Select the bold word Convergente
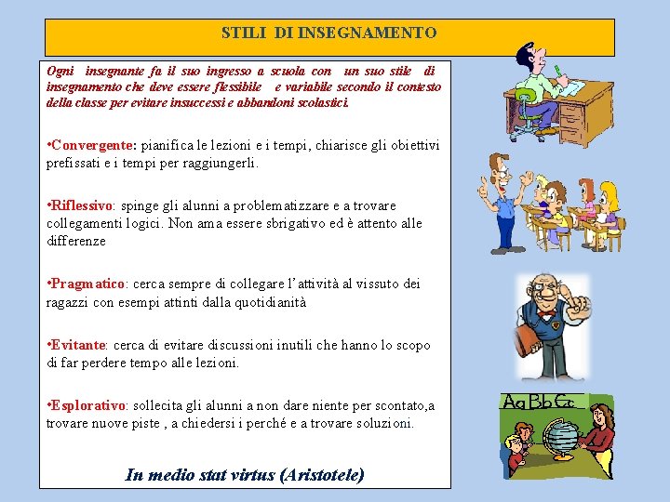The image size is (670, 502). (93, 145)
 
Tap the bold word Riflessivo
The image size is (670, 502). (82, 205)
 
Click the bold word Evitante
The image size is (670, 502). (78, 345)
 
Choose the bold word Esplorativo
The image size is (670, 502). (87, 405)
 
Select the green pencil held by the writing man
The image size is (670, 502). (557, 70)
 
